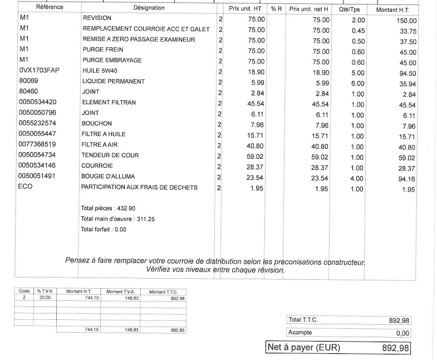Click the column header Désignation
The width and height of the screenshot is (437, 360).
point(149,8)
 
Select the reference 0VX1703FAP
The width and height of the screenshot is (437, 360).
point(38,71)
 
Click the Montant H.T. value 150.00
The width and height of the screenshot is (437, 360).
point(404,21)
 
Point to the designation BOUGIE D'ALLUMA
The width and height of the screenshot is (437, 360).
point(108,177)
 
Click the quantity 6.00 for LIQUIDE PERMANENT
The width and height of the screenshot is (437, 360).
point(357,84)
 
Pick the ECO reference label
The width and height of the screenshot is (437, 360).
point(26,187)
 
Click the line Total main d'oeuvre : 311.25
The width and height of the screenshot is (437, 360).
point(117,219)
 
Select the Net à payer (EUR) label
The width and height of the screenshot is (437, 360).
point(303,347)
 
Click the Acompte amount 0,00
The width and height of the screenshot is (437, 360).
point(402,333)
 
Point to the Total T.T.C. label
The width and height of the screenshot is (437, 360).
point(303,320)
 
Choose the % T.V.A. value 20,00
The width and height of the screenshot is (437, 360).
point(44,298)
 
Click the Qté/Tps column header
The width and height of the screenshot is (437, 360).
point(350,9)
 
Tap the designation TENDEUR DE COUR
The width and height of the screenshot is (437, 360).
point(110,155)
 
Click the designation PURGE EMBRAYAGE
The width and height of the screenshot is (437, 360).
point(112,60)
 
